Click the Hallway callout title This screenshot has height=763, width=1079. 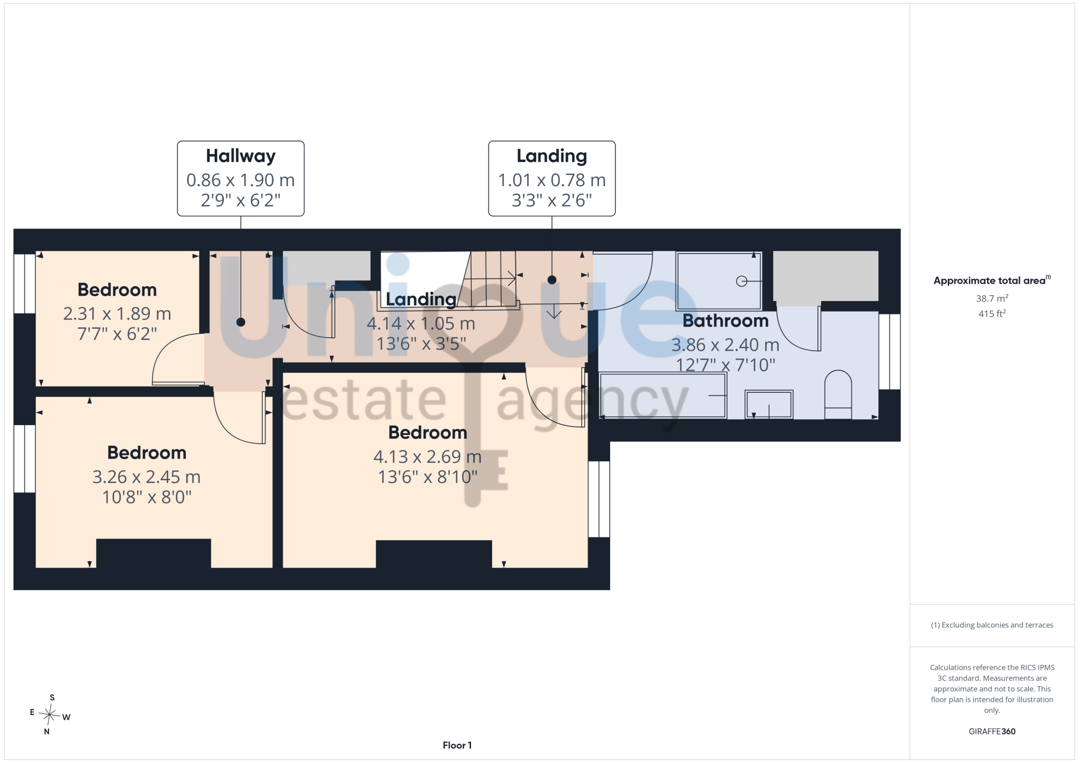tap(241, 156)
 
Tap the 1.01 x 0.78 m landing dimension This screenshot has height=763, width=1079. tap(552, 180)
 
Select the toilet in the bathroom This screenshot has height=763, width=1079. tap(838, 394)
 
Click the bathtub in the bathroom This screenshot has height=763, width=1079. tap(663, 396)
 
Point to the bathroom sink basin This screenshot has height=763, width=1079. tap(769, 404)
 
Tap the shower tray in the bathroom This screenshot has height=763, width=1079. tap(719, 281)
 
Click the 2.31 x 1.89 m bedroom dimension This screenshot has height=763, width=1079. tap(117, 314)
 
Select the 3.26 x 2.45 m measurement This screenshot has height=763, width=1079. tap(146, 477)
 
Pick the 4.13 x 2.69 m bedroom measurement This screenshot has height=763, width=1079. tap(427, 457)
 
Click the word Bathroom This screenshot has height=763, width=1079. tap(726, 321)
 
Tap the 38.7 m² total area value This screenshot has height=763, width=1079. tap(992, 298)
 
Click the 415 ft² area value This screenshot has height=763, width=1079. tap(992, 314)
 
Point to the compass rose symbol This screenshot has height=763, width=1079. tap(50, 714)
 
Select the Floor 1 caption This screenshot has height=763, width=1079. tap(457, 745)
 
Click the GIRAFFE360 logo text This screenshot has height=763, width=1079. tap(992, 732)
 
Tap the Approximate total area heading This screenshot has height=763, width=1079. tap(992, 280)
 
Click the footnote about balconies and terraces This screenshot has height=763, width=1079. tap(992, 625)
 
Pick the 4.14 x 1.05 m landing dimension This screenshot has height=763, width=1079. tap(421, 324)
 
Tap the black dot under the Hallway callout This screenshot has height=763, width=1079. tap(241, 322)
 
